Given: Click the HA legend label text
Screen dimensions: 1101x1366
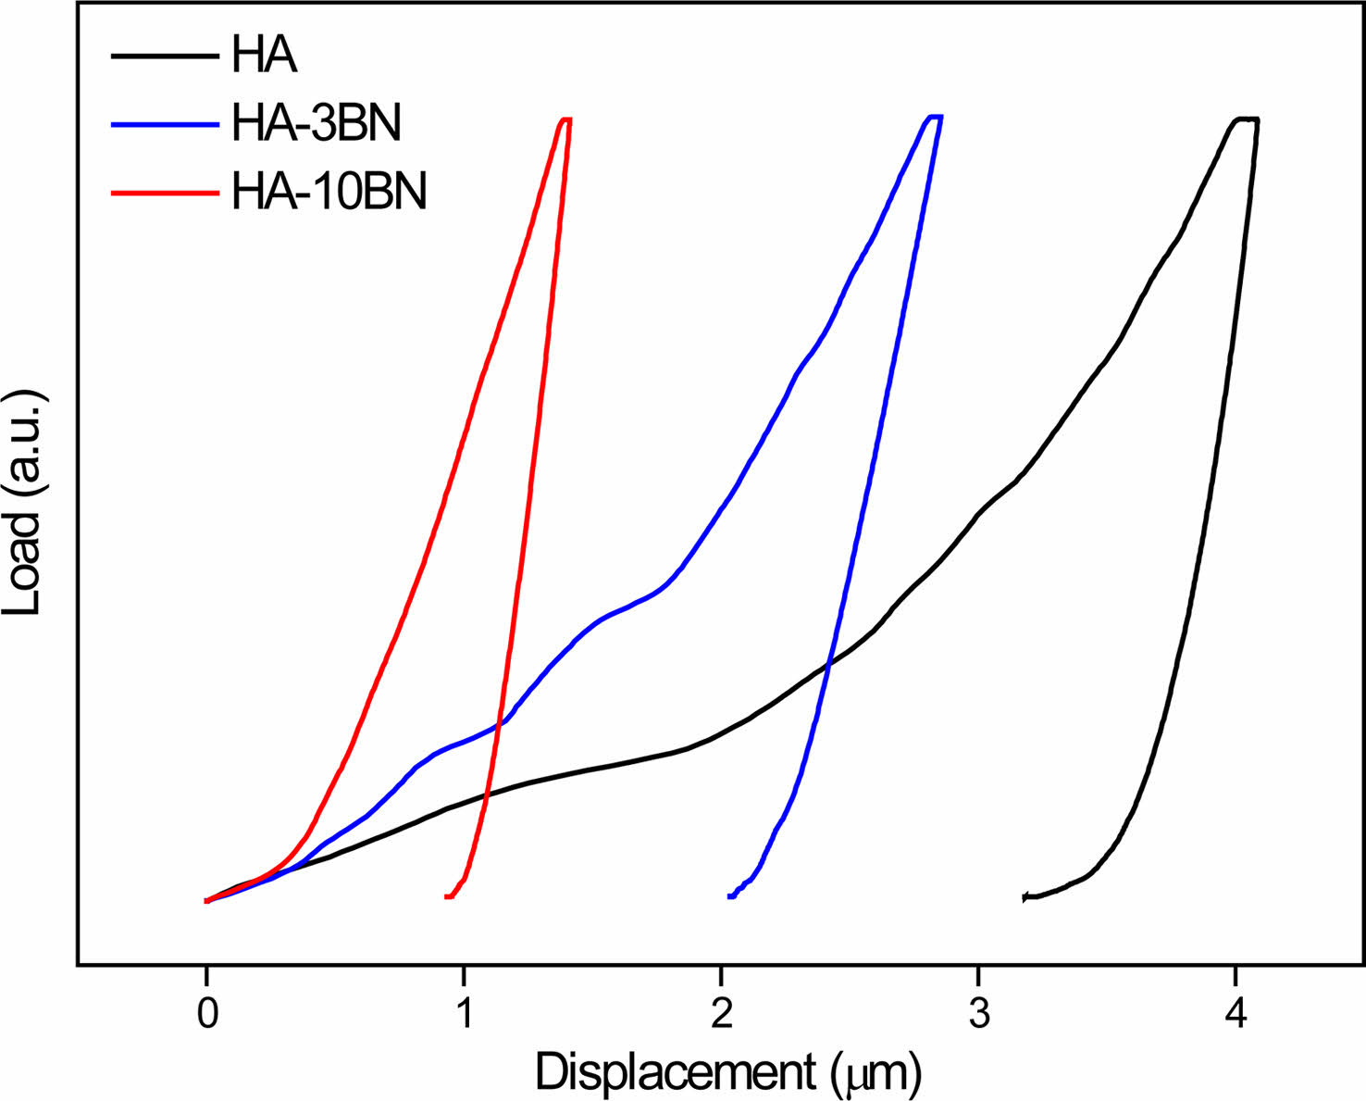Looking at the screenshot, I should (x=264, y=55).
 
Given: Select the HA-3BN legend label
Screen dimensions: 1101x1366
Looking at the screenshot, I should (x=317, y=123).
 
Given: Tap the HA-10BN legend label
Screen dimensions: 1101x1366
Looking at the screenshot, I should (x=329, y=193).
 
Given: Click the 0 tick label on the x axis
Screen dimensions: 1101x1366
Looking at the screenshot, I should (x=207, y=1015).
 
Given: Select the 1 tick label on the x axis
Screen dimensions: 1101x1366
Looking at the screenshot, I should (x=464, y=1015).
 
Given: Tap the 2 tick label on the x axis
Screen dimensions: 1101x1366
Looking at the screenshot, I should (x=721, y=1015).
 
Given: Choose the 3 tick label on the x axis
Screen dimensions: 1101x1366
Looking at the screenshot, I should (x=978, y=1015).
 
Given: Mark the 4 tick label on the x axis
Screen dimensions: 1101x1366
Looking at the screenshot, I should (x=1235, y=1015).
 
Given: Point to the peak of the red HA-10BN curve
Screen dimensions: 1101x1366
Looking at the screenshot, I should (x=565, y=119).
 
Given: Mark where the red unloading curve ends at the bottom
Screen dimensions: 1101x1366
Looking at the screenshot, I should (x=448, y=896).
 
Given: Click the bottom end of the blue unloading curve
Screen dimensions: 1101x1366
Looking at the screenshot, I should (x=731, y=896).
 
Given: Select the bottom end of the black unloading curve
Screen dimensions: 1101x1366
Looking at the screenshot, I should (x=1024, y=897).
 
